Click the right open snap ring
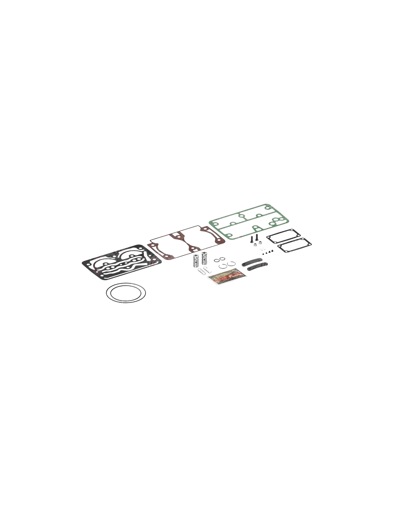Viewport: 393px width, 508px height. click(231, 264)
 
